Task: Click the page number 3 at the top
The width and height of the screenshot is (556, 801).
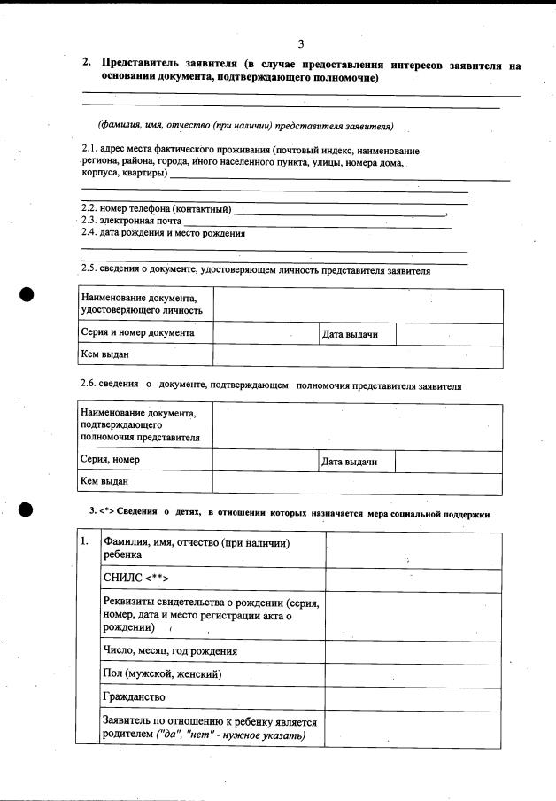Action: [301, 44]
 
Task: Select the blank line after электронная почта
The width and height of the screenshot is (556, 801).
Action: [316, 222]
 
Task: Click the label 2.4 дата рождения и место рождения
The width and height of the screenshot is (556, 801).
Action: [163, 234]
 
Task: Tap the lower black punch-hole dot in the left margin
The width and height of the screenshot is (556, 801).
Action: [27, 509]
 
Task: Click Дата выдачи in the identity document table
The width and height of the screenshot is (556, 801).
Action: [350, 335]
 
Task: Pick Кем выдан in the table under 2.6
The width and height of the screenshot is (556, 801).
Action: [104, 481]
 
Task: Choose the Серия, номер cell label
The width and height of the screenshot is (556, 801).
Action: [110, 460]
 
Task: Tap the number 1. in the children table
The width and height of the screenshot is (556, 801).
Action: [85, 541]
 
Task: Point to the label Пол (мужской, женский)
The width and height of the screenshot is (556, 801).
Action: [162, 674]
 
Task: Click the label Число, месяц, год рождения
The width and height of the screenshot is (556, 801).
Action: [170, 651]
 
